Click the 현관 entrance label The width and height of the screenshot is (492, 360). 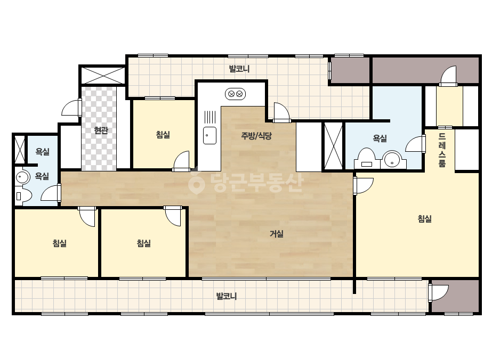point(101,130)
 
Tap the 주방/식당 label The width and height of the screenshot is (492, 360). point(256,136)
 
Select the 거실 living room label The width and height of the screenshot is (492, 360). point(277,234)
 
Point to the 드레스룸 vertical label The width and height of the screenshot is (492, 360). point(442,150)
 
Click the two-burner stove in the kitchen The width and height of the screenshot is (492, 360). point(235,94)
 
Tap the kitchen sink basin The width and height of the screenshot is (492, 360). point(209,135)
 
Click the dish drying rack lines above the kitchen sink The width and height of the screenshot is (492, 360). point(209,117)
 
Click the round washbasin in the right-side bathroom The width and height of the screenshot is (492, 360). point(392,159)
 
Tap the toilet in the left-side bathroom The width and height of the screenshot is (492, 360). point(23,197)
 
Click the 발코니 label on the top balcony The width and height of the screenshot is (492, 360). point(239,69)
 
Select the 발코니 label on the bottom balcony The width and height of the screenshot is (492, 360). point(227,296)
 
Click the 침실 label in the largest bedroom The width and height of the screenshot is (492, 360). point(424,218)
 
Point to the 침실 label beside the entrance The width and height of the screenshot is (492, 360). point(163,135)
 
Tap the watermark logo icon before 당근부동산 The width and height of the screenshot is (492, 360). point(196,182)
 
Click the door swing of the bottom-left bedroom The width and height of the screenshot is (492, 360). point(87,216)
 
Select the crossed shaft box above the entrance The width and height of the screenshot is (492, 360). point(103,75)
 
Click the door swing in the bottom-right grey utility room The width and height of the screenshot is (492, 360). point(439,292)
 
